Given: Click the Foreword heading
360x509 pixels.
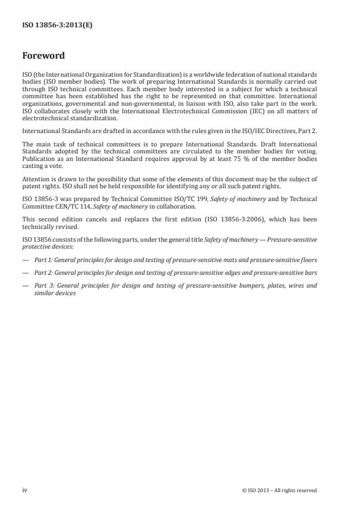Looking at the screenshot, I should point(44,56).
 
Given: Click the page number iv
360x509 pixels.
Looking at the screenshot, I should point(25,490).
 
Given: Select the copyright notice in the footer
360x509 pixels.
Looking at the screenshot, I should point(279,490).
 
